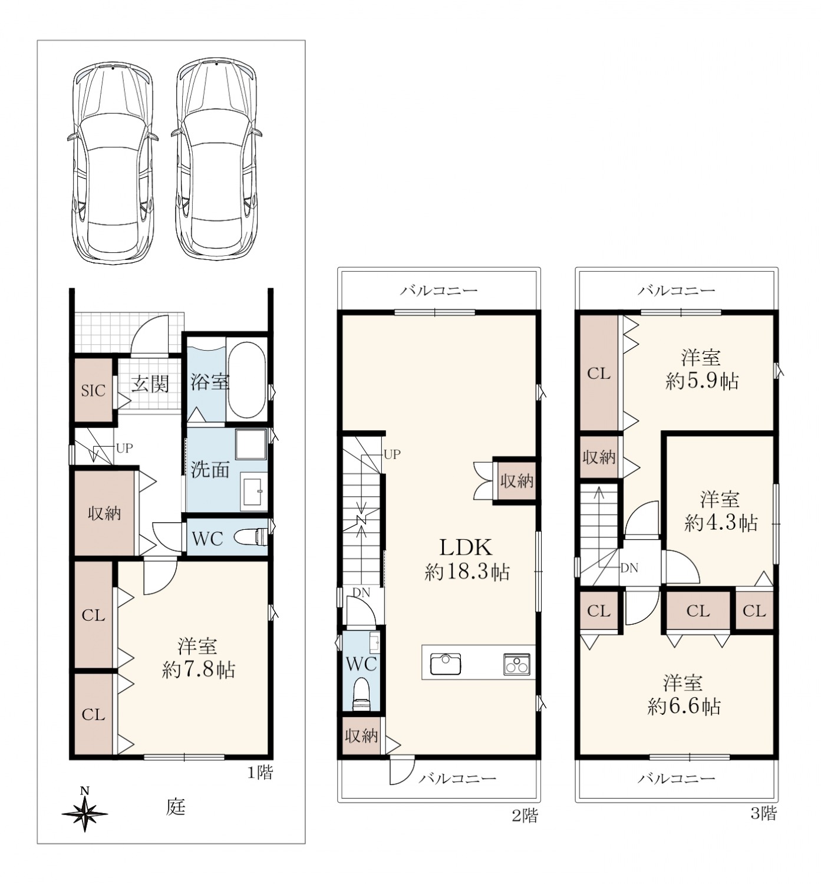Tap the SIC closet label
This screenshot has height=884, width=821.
pos(93,391)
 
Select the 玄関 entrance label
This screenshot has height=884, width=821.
pos(150,384)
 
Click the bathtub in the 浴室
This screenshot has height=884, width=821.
pos(247,380)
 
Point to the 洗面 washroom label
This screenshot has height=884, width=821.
pos(210,469)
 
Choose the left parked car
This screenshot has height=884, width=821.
pos(113,161)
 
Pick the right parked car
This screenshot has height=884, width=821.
pos(217,158)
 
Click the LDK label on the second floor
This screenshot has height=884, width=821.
pos(466,547)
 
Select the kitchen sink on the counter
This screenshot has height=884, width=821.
pos(445,664)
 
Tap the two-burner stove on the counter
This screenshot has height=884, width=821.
pos(516,664)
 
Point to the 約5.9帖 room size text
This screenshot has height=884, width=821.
pos(702,381)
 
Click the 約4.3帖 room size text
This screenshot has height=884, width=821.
pos(721,523)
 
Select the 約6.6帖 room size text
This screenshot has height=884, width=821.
pos(684,707)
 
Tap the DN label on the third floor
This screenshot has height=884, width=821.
pos(629,568)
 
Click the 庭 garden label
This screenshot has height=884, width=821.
pos(176,807)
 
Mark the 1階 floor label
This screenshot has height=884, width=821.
pos(261,773)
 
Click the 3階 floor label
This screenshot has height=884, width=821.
pos(764,814)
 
